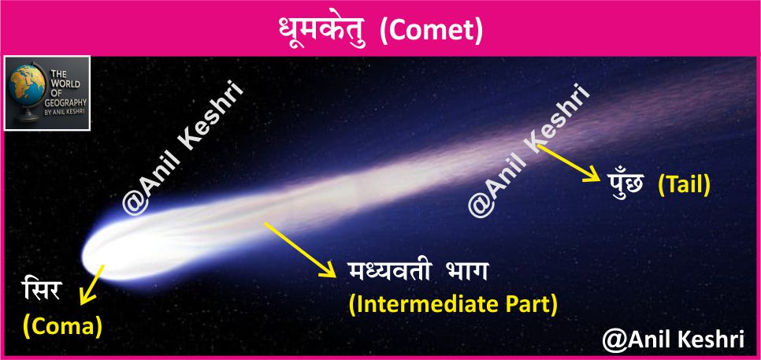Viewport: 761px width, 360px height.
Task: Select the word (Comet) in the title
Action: tap(430, 32)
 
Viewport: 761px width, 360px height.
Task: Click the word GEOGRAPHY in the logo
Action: tap(67, 103)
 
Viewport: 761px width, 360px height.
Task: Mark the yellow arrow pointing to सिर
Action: tap(92, 285)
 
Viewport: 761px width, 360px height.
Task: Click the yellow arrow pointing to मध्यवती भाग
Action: tap(300, 250)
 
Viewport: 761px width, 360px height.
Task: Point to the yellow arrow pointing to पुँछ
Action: tap(569, 163)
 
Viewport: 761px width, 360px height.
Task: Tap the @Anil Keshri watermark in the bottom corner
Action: tap(673, 340)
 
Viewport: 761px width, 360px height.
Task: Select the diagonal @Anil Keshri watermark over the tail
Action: tap(530, 150)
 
